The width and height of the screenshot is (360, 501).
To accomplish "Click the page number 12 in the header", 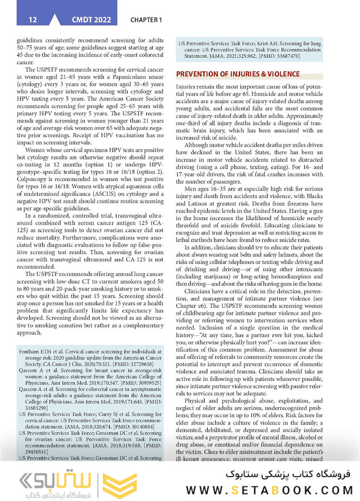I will [x=32, y=20].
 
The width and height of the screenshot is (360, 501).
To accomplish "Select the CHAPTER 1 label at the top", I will [x=146, y=20].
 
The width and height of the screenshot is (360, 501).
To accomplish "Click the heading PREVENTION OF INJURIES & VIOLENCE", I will [x=238, y=74].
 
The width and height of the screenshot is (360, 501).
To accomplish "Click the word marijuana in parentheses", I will [x=210, y=277].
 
